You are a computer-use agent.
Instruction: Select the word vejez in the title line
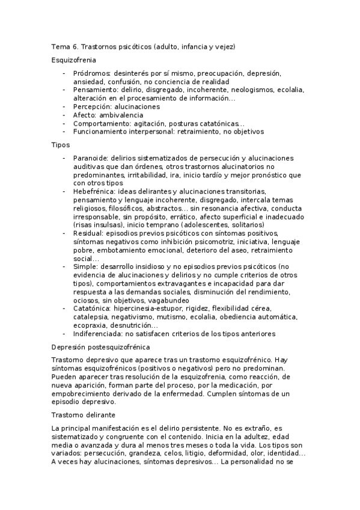point(225,46)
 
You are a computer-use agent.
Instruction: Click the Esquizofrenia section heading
point(74,60)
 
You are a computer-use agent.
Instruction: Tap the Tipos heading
point(61,145)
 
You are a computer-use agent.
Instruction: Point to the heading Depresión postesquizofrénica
point(100,348)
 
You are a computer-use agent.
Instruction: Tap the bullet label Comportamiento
point(100,123)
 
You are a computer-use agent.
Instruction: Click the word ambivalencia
point(123,115)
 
